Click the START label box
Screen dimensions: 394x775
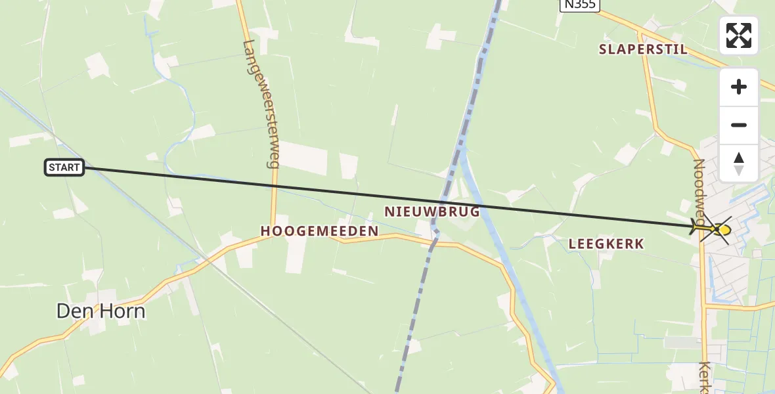click(64, 167)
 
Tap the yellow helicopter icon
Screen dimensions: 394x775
click(714, 229)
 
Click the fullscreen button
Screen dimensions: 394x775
click(739, 35)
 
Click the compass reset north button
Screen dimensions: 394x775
click(739, 164)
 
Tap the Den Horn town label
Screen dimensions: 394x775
click(100, 311)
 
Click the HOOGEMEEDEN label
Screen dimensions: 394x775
click(319, 231)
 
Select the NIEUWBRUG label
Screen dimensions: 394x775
click(432, 212)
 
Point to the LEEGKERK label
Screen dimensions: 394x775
click(606, 244)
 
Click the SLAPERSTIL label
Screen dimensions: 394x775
click(643, 49)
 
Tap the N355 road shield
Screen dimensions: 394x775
click(579, 5)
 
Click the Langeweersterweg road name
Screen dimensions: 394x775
click(260, 104)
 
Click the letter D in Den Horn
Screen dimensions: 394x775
click(64, 311)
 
